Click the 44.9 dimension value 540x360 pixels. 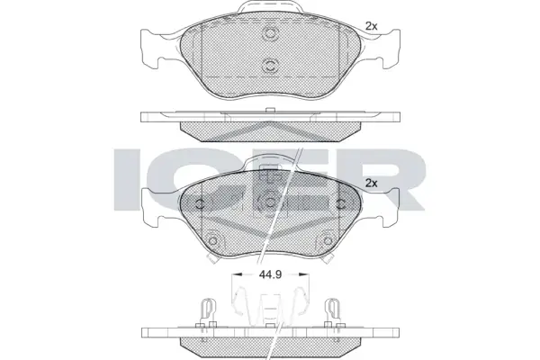click(270, 274)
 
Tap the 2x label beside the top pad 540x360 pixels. click(371, 26)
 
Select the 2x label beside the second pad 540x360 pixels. click(371, 184)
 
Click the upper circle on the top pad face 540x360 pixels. click(270, 33)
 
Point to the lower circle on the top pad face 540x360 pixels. click(270, 65)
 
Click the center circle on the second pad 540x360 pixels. click(270, 202)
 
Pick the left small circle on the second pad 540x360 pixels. click(200, 204)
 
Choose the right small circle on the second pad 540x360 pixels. click(341, 204)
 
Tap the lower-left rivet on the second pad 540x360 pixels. click(212, 240)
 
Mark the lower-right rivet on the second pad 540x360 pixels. click(328, 240)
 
